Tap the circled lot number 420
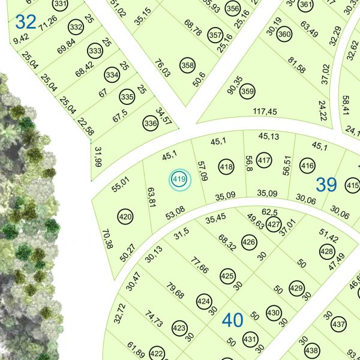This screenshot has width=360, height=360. pos(125,217)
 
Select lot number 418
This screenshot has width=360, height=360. pos(226,167)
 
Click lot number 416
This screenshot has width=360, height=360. pos(308,166)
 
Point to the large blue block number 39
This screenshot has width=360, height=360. pos(326,184)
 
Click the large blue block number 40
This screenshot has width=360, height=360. pos(232,320)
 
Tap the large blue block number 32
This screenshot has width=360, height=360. pos(26,22)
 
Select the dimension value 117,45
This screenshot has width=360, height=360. pos(265,112)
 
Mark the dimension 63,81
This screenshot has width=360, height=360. pos(151,197)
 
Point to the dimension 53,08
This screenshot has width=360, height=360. pos(175,212)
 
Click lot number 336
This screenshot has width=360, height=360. pos(151,124)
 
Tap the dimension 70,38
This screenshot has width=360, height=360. pos(107,239)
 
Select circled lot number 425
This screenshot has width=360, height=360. pos(227,277)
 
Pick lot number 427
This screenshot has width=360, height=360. pos(274,225)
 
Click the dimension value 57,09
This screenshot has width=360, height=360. pos(202,171)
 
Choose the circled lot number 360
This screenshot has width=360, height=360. pos(284,35)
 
